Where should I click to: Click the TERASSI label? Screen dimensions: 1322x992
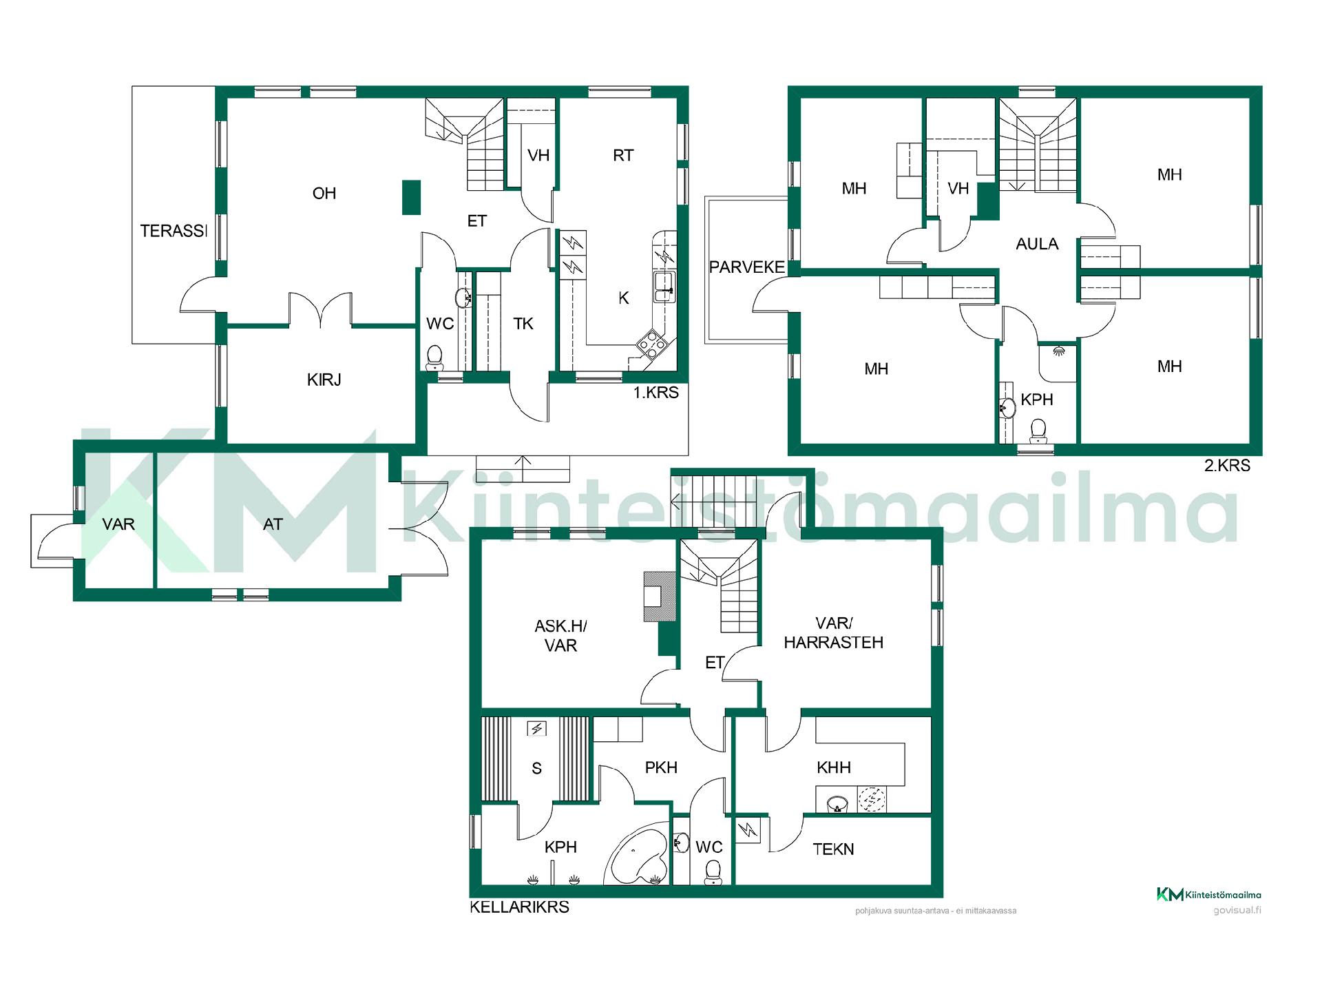(174, 231)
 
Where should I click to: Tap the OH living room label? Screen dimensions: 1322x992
(324, 194)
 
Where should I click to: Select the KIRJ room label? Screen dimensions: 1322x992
(324, 380)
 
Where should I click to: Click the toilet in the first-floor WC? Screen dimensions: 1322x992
(434, 357)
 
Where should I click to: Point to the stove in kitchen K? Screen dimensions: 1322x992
(651, 342)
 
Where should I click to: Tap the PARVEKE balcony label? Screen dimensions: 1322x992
(747, 267)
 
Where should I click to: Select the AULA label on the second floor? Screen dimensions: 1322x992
(1037, 244)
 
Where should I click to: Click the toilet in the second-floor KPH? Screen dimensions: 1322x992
(1037, 432)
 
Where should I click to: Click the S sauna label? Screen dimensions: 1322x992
(536, 769)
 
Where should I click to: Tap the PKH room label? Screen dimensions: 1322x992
(661, 767)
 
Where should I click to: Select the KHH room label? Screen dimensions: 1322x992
(834, 767)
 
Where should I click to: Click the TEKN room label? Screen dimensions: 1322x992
(833, 849)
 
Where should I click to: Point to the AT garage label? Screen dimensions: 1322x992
(273, 524)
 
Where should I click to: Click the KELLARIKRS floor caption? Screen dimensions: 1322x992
(519, 907)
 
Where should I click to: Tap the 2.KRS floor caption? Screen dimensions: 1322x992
(1227, 466)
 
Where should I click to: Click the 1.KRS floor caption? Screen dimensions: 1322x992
(656, 393)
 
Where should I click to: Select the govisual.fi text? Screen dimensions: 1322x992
(1237, 910)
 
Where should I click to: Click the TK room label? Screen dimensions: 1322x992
(523, 324)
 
